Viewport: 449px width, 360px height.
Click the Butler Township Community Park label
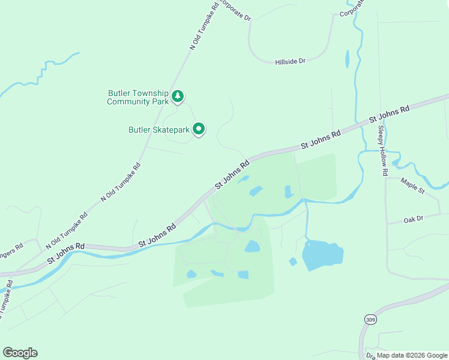[137, 97]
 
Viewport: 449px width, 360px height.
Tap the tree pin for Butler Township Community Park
[177, 96]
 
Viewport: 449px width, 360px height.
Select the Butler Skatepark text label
[159, 130]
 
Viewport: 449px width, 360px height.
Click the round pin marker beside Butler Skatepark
[199, 129]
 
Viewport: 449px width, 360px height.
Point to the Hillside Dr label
[291, 61]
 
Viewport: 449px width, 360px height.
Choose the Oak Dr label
[414, 220]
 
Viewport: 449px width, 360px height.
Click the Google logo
[20, 353]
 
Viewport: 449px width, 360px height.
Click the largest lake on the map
[323, 255]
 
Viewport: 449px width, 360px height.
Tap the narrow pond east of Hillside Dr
[347, 59]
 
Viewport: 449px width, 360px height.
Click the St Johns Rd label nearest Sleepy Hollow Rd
[389, 114]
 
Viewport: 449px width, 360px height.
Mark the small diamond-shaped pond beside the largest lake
[293, 262]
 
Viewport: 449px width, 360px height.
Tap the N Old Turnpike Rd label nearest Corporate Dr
[204, 25]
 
